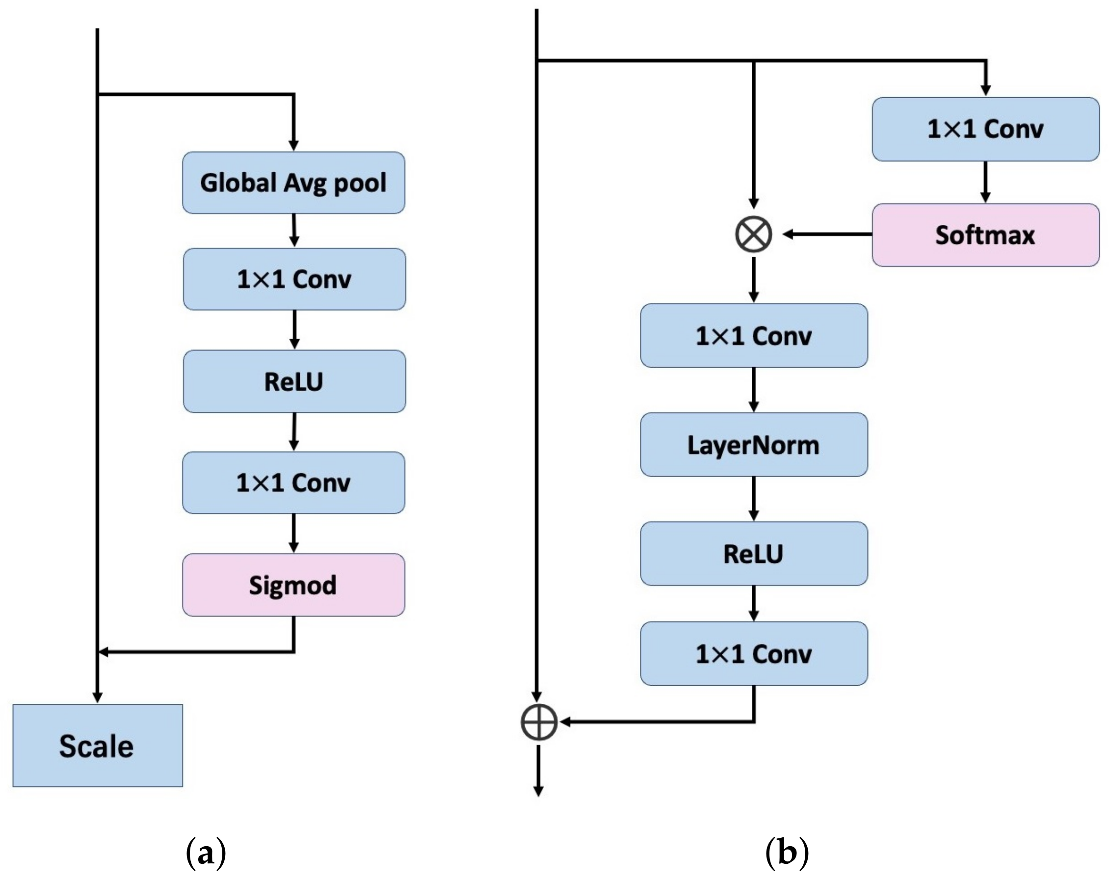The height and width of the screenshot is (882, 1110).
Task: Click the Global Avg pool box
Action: [293, 183]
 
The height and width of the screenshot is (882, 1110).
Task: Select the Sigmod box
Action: [293, 585]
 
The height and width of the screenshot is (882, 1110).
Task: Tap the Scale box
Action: [97, 746]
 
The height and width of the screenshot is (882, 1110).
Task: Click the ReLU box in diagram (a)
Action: [294, 381]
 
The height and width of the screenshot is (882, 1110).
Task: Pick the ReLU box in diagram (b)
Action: [754, 554]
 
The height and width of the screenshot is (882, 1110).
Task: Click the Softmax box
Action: [985, 235]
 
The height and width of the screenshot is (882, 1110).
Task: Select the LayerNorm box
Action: [754, 445]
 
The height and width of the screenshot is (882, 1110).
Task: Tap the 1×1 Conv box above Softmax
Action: [985, 129]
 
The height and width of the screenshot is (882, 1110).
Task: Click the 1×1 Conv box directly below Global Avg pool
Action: [294, 279]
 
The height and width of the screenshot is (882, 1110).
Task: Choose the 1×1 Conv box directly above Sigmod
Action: [293, 483]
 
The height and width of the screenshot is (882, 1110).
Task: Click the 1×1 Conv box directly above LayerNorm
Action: [754, 336]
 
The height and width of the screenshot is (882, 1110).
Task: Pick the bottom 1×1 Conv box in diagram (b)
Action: [754, 654]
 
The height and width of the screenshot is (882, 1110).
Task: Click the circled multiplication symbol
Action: [753, 234]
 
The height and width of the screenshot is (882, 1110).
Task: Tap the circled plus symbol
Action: [538, 722]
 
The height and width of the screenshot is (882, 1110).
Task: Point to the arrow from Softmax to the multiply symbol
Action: [827, 234]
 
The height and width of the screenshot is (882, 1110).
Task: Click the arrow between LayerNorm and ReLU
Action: [754, 498]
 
